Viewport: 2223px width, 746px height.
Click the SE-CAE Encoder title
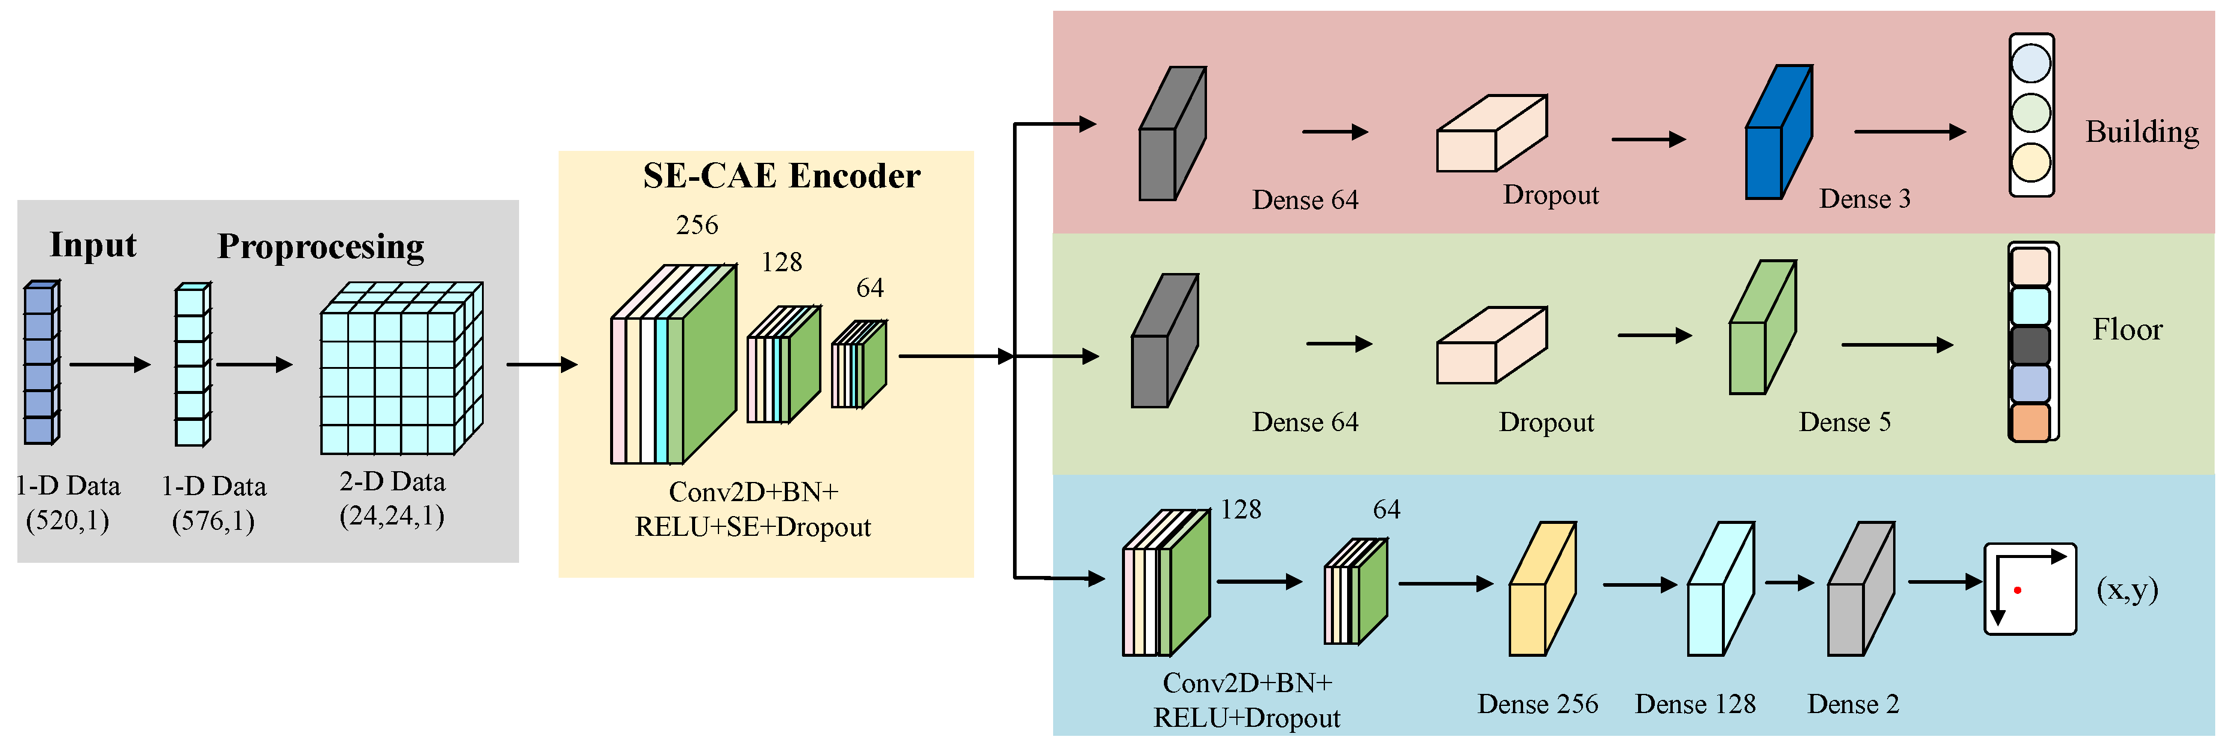[781, 175]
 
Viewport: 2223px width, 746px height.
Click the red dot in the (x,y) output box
[2018, 590]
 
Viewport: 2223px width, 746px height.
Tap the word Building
[2142, 132]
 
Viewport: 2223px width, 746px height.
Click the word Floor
[2127, 330]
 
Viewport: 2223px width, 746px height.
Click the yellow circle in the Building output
[2031, 162]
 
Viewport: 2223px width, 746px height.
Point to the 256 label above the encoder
[696, 225]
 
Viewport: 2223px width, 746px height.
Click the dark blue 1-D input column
[40, 363]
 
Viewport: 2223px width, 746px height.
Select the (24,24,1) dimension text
[392, 516]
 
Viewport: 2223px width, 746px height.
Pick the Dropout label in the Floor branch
[1546, 422]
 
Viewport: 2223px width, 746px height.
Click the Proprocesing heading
[320, 246]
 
